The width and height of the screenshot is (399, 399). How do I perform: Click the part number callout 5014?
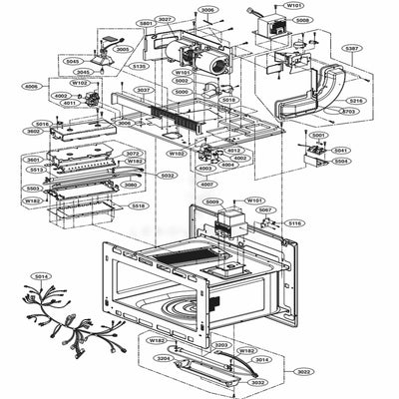coord(40,275)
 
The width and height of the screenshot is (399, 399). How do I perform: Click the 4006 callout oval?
coord(31,87)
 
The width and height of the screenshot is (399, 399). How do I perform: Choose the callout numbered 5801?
coord(146,22)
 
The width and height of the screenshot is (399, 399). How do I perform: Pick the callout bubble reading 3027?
coord(166,19)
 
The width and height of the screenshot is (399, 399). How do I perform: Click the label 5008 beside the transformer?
coord(302,19)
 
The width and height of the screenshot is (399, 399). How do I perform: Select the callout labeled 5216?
coord(356,101)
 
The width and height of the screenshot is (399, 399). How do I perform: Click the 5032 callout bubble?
coord(169,176)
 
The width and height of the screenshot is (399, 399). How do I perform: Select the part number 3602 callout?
coord(32,131)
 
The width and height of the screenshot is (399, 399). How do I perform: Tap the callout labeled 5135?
coord(141,66)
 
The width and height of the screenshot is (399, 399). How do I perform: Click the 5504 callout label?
coord(341,160)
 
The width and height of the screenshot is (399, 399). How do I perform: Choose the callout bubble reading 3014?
coord(261,358)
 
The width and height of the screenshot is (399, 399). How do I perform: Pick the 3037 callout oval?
coord(145,90)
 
